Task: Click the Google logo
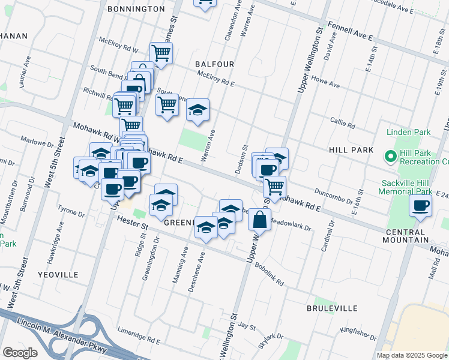[x=19, y=353]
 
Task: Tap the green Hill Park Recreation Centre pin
[x=390, y=157]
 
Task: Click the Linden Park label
[x=406, y=131]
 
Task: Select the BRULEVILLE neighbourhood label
[x=332, y=308]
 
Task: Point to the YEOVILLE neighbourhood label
[x=58, y=274]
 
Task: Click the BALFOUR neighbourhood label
[x=214, y=64]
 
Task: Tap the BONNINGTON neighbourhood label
[x=136, y=9]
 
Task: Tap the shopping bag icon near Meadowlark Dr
[x=259, y=220]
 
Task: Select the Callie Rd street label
[x=343, y=123]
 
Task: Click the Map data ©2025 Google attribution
[x=412, y=355]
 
